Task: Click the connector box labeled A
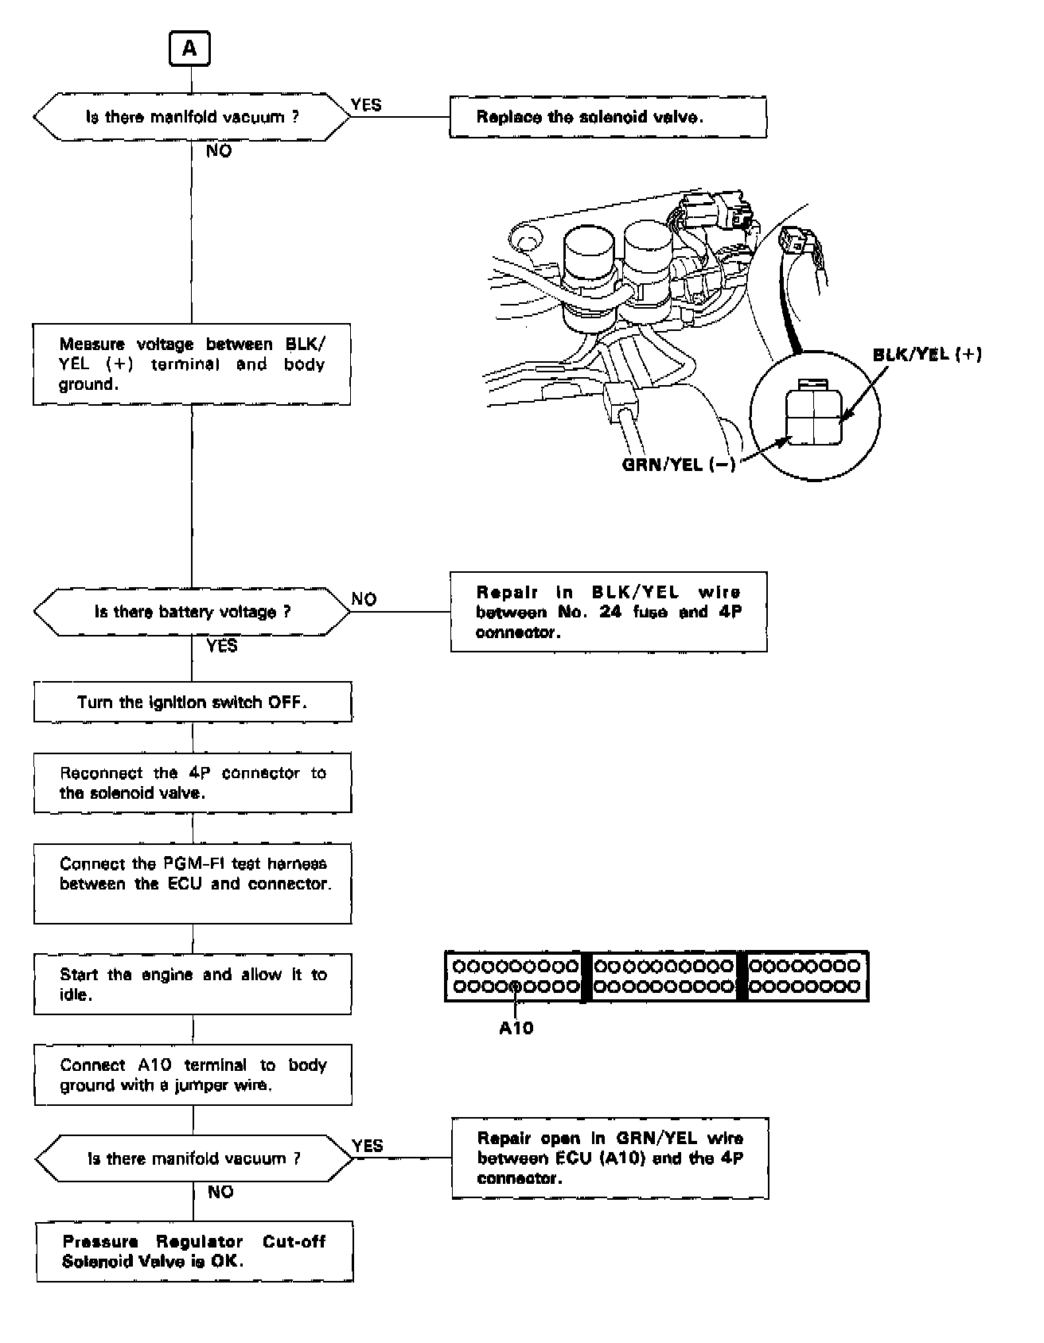(x=189, y=49)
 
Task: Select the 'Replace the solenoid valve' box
(x=608, y=118)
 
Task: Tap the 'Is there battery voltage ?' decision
(x=192, y=612)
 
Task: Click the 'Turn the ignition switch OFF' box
(x=193, y=702)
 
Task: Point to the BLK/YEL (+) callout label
(x=927, y=355)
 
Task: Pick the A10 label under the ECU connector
(x=516, y=1028)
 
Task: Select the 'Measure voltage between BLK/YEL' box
(x=192, y=364)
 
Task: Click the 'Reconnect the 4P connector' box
(x=193, y=783)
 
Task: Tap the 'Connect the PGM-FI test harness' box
(x=193, y=884)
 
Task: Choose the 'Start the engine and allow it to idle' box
(x=193, y=984)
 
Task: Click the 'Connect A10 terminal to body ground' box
(x=193, y=1075)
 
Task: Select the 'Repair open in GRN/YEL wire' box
(x=610, y=1158)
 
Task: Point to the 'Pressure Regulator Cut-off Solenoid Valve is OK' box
(x=194, y=1252)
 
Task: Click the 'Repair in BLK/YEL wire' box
(x=609, y=612)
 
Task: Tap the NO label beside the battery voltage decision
(x=364, y=599)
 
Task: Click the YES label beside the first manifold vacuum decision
(x=366, y=105)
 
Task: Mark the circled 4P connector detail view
(x=815, y=416)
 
